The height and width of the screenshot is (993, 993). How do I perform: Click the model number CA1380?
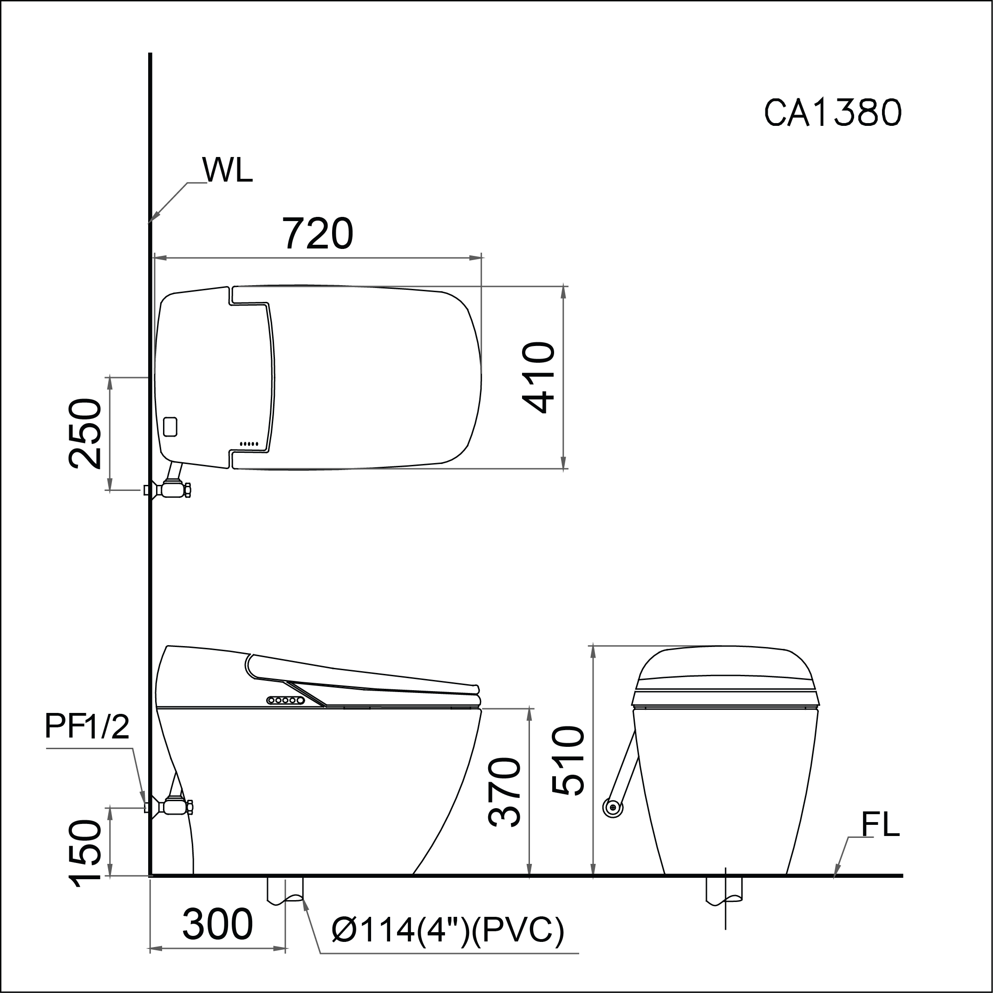point(832,112)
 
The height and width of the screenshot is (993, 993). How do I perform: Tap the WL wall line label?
point(228,170)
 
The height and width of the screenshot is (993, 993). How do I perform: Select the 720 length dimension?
point(318,234)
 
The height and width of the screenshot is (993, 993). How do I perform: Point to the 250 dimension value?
point(85,433)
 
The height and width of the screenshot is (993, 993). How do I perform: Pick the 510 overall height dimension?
point(568,760)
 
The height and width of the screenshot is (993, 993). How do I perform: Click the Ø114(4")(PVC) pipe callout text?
point(448,930)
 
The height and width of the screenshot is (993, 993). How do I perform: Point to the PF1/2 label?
point(87,727)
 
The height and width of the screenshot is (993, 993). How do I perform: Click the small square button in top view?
point(170,426)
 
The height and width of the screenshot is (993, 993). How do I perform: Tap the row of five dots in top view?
point(249,444)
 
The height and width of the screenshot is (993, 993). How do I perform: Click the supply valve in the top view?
point(174,490)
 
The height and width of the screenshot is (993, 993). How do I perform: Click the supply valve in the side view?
point(175,807)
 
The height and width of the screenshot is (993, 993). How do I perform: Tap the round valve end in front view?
point(612,808)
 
